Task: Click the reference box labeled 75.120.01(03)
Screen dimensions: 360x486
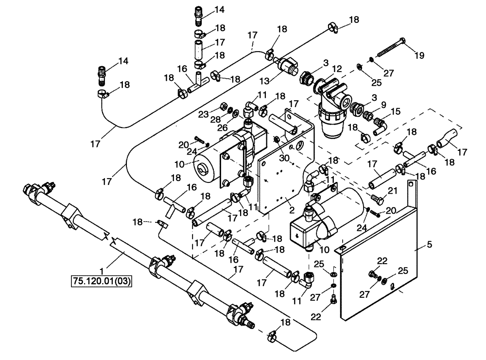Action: [x=102, y=281]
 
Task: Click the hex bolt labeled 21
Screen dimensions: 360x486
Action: [x=376, y=198]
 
